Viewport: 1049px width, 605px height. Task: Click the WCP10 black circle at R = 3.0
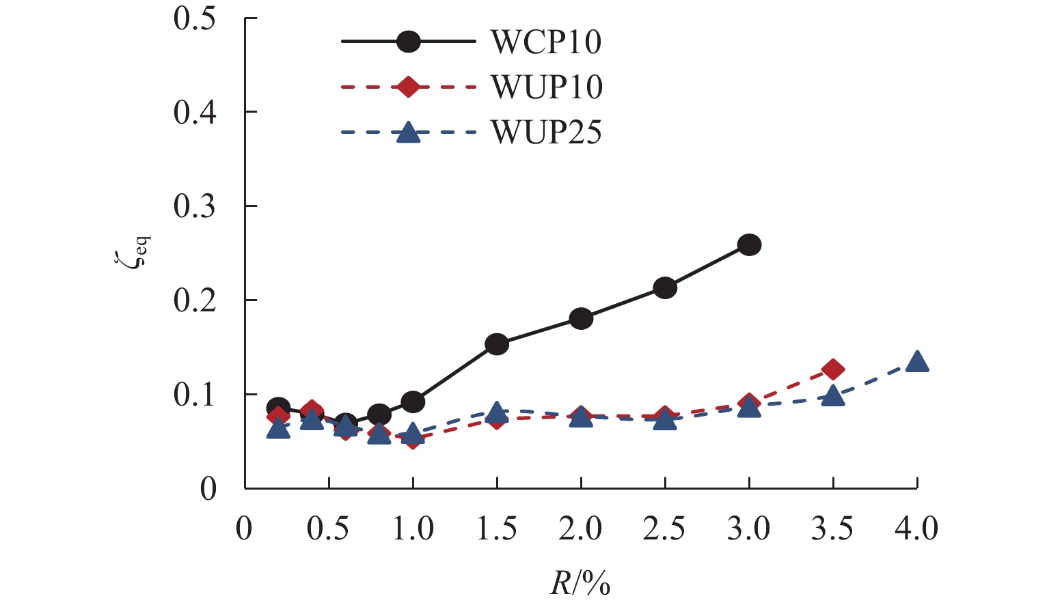749,244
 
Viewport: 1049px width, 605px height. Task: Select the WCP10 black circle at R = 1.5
497,344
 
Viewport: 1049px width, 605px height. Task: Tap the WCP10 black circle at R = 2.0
581,318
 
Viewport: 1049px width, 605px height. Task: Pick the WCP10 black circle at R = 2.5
665,287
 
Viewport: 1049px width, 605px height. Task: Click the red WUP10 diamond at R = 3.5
833,369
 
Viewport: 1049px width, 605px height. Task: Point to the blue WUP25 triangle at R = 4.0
917,362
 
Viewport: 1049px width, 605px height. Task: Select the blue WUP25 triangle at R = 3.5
833,396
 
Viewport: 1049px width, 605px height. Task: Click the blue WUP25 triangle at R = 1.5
497,412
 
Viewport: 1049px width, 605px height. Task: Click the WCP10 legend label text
546,42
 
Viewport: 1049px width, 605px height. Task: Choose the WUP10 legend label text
546,87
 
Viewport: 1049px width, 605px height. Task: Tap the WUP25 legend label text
546,132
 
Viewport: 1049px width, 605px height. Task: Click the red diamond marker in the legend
408,87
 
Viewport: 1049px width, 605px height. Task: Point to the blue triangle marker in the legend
408,132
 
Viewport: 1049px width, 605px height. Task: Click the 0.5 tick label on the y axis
195,18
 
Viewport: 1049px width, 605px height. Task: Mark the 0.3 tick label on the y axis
195,206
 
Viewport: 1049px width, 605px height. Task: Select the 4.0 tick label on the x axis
917,529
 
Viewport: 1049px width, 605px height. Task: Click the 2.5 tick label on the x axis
665,529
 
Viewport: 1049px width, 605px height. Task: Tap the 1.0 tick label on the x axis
413,529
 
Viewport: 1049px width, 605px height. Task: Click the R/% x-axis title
580,584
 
